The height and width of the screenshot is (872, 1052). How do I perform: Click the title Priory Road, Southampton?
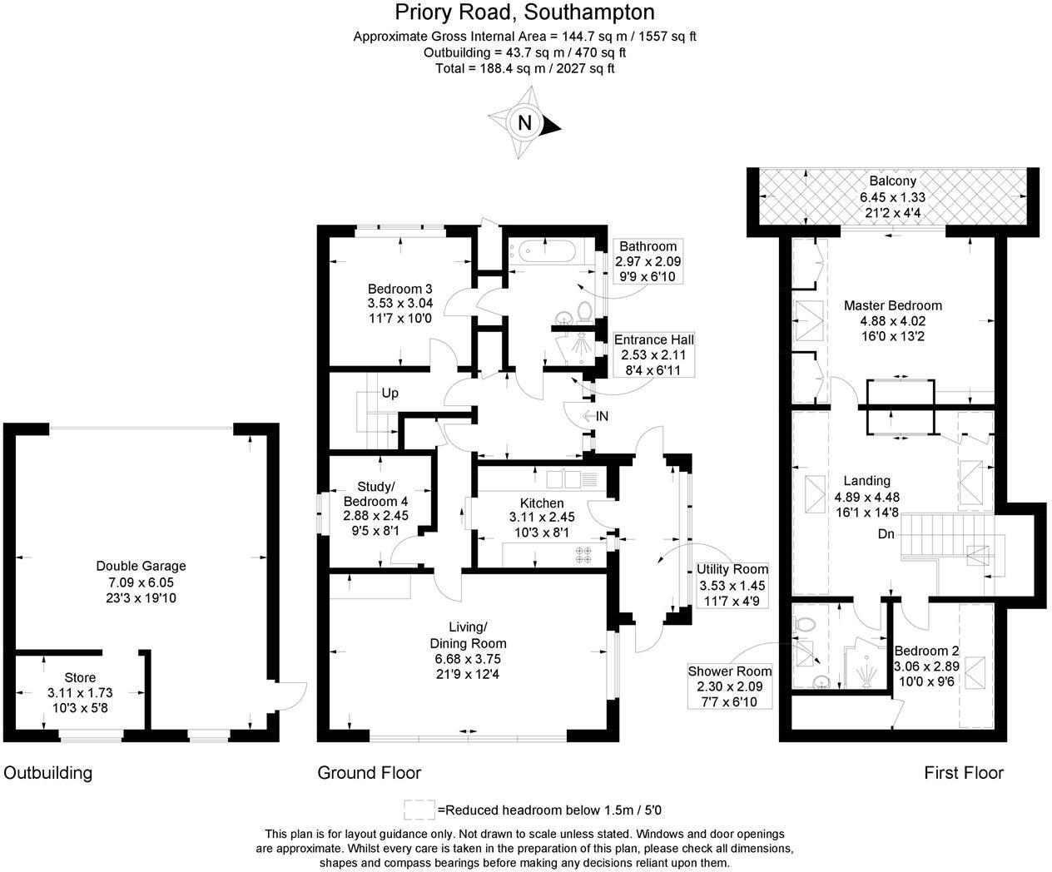click(524, 12)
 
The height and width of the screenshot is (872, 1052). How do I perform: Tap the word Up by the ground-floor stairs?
click(390, 393)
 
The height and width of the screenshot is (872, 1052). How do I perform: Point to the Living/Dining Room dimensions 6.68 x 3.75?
click(467, 658)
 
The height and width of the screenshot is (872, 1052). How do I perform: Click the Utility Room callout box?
click(732, 584)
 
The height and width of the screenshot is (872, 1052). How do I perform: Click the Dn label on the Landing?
click(886, 534)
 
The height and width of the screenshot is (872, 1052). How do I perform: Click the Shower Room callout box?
click(729, 686)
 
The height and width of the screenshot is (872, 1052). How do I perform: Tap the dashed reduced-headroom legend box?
click(419, 810)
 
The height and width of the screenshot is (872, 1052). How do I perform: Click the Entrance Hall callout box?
click(653, 354)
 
